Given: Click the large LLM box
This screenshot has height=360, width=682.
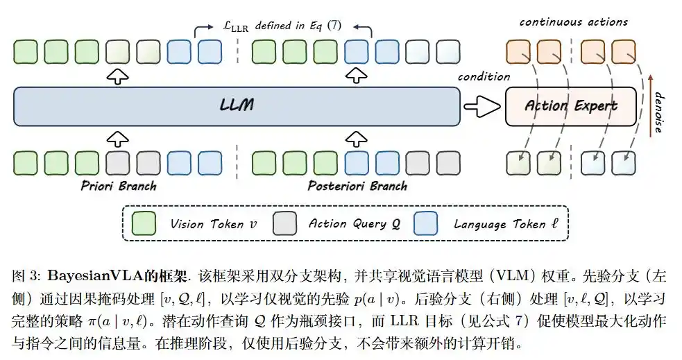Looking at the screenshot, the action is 237,107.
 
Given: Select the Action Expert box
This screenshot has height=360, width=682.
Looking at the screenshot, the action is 571,107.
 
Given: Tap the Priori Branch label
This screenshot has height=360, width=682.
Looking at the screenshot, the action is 119,186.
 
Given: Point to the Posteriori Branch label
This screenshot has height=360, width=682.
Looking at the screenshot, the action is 357,186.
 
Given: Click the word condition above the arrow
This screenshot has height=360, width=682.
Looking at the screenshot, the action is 484,77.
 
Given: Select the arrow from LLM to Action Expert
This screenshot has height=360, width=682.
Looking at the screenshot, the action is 482,107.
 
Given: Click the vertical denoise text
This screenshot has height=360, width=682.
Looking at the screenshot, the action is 660,112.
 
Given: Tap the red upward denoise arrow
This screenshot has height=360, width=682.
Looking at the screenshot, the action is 651,105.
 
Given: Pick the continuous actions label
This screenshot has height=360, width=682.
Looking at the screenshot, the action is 574,22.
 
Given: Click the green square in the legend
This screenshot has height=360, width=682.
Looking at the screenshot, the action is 144,223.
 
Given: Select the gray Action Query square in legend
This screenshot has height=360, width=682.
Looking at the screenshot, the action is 285,223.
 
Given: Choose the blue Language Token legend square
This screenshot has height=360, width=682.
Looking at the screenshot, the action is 426,223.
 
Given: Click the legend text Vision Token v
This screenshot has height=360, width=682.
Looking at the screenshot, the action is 213,224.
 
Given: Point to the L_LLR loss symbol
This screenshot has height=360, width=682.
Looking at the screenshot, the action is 235,26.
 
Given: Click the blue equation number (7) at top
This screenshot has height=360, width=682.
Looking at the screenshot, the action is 334,25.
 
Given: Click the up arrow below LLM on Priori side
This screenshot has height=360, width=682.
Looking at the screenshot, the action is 118,139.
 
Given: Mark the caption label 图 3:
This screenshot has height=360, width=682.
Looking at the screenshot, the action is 26,276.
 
